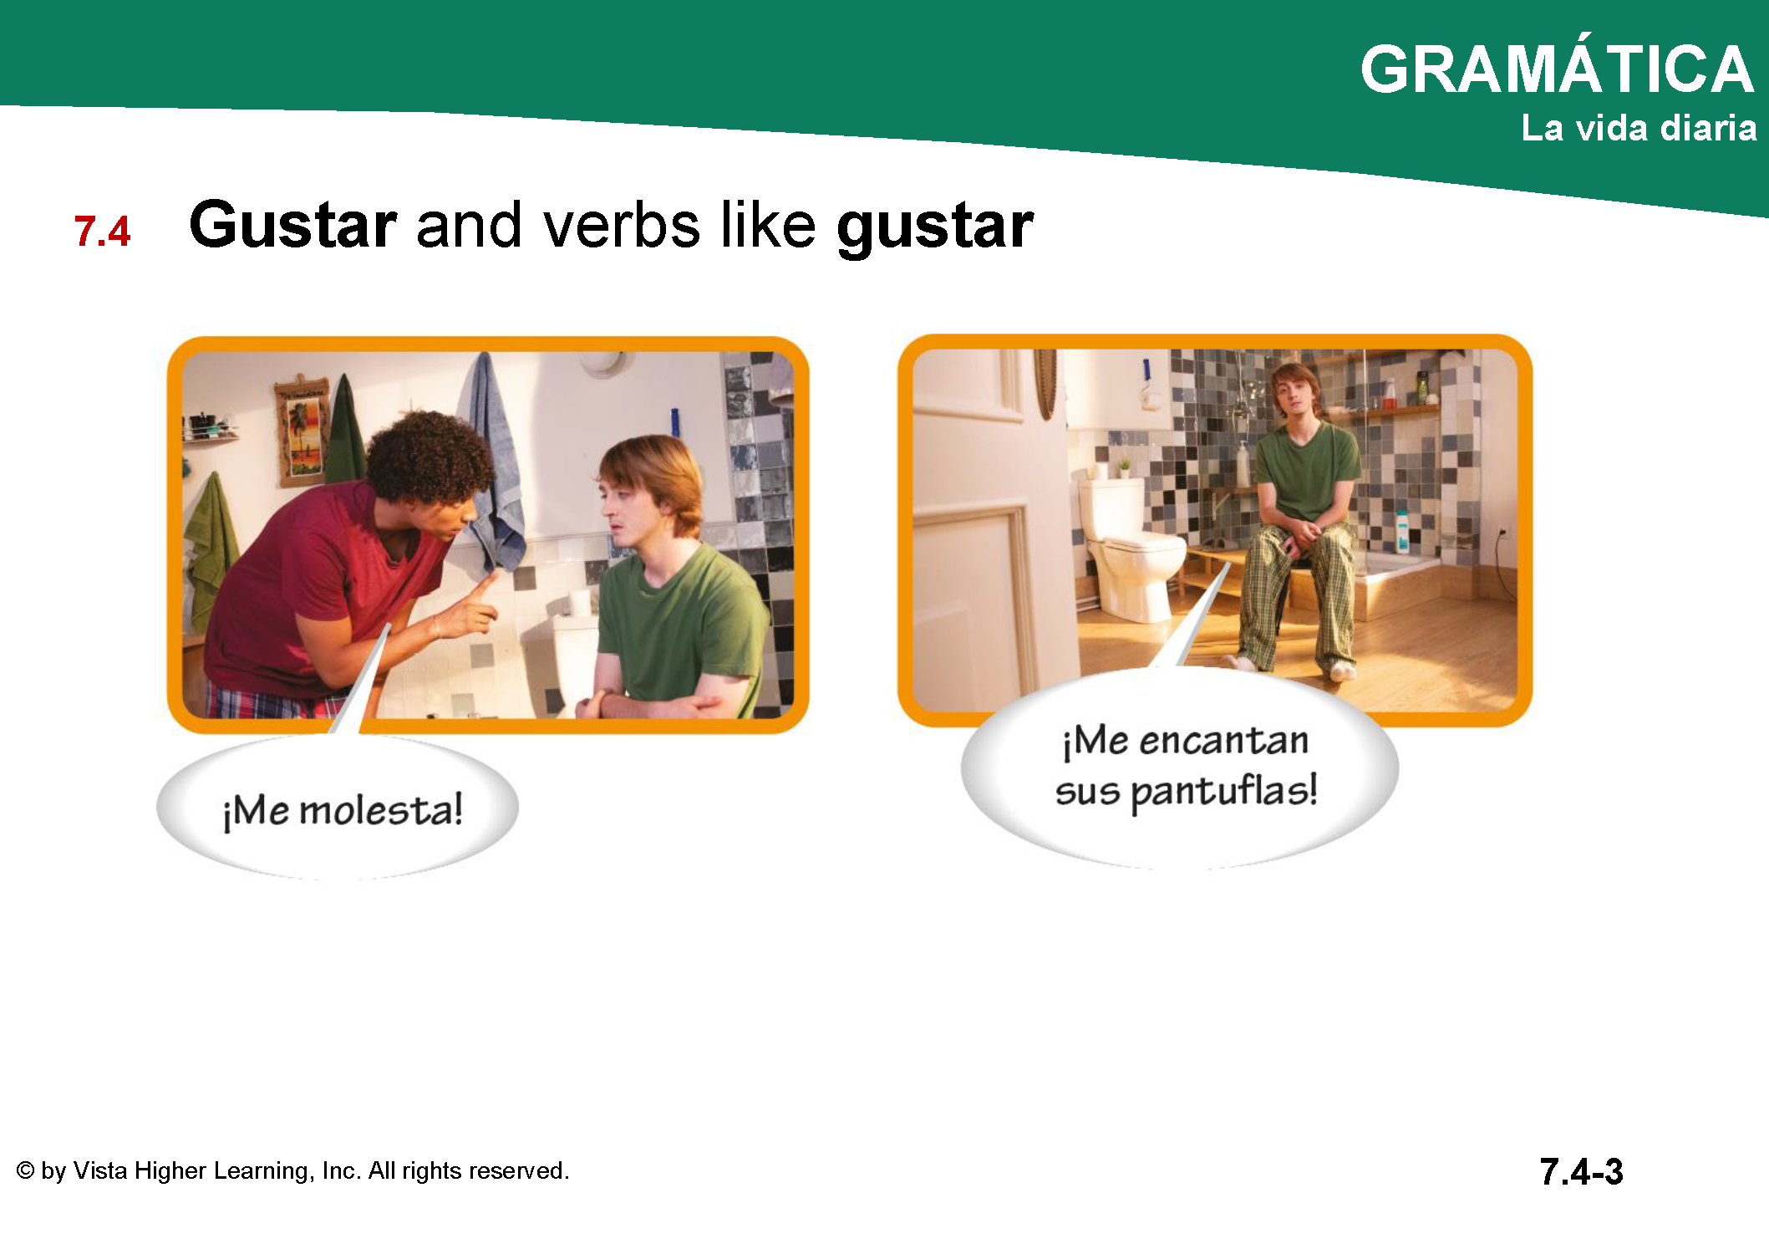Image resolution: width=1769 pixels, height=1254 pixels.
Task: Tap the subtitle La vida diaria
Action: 1639,128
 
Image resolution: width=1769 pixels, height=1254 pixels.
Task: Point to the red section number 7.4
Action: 102,232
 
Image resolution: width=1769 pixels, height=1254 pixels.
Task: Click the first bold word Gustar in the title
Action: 292,225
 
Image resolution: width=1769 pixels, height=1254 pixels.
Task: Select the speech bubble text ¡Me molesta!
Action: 343,811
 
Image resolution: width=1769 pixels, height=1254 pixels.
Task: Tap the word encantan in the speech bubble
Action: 1223,741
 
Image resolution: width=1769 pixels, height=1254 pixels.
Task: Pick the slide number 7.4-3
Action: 1581,1171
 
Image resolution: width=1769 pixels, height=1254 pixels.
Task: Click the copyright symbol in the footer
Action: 26,1170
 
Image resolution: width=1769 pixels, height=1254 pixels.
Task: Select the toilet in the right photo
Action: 1130,548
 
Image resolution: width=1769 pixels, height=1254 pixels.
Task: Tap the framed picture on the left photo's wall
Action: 302,430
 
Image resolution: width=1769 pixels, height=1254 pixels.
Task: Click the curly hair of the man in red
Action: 430,456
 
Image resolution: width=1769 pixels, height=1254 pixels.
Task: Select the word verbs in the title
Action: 622,226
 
